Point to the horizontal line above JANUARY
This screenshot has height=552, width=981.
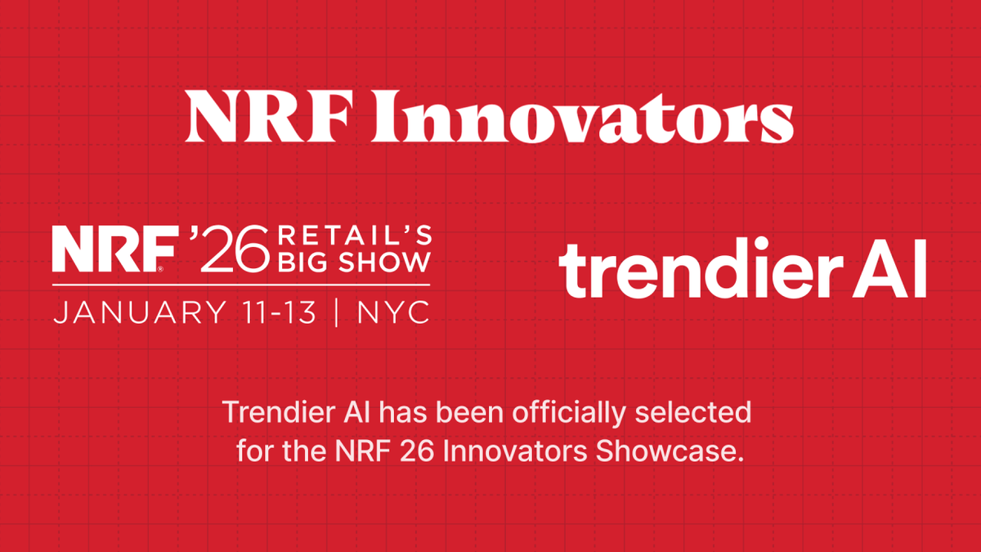(241, 283)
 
